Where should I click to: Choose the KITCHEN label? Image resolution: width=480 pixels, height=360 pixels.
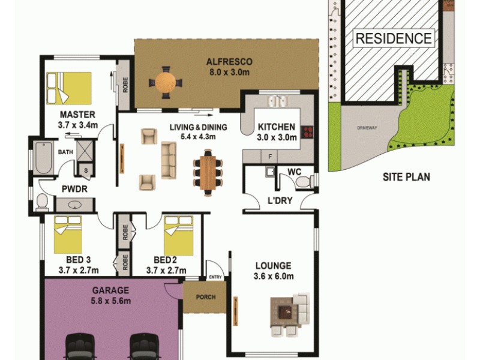tap(276, 127)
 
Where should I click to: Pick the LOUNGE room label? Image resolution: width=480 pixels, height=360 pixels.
tap(273, 265)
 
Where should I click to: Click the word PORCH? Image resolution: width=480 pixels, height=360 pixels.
tap(206, 297)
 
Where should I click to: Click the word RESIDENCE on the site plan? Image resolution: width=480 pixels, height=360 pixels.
tap(394, 39)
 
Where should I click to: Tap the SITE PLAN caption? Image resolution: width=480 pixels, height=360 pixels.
tap(406, 177)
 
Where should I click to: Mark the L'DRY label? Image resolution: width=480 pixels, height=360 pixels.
tap(280, 200)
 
